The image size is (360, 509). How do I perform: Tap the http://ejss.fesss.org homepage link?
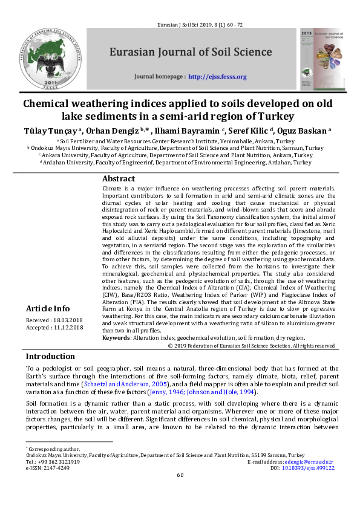[x=217, y=77]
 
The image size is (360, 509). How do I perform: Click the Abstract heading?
[x=118, y=179]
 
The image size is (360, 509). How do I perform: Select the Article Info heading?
[x=48, y=309]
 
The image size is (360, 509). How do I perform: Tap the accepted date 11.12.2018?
[x=70, y=327]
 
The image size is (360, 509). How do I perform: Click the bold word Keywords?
[x=116, y=337]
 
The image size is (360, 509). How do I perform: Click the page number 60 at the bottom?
[x=180, y=475]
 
